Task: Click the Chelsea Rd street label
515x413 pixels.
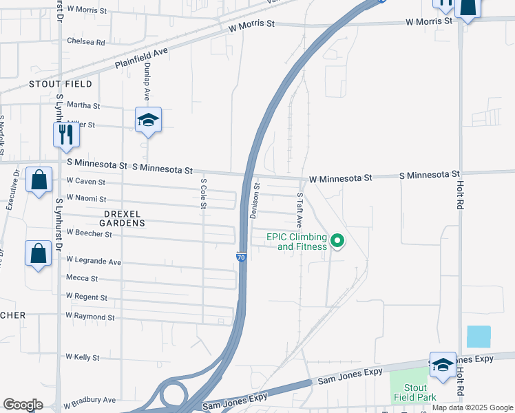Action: (x=85, y=41)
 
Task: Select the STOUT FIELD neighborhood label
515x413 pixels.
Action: (x=60, y=84)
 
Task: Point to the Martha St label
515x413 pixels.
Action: (x=83, y=106)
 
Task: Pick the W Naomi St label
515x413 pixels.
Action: (x=85, y=198)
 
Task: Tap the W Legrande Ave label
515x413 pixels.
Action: (x=94, y=262)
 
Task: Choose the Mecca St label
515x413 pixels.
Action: (x=82, y=278)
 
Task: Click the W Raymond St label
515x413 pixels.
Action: (x=90, y=317)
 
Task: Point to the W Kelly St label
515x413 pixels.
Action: (x=83, y=357)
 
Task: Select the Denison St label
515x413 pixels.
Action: (x=255, y=200)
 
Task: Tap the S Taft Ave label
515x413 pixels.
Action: (x=299, y=210)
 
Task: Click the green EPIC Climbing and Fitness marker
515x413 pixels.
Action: (x=337, y=241)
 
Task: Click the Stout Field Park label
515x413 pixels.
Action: (x=416, y=392)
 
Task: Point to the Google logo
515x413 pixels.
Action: (x=23, y=405)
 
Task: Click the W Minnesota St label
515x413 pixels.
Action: (x=340, y=178)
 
